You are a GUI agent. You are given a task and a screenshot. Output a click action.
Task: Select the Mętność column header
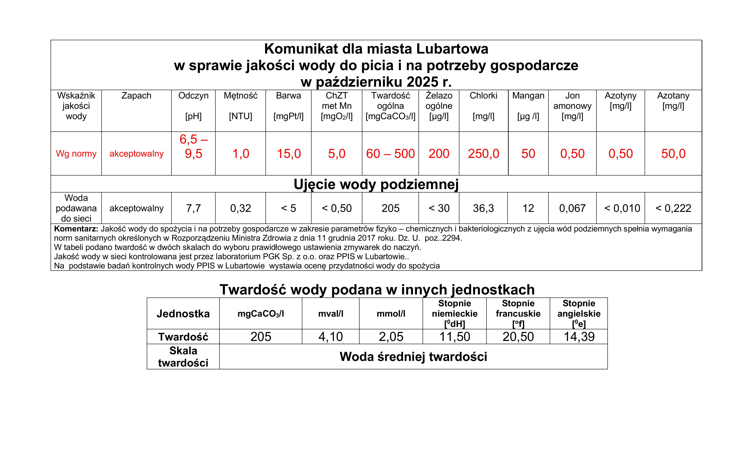[x=240, y=96]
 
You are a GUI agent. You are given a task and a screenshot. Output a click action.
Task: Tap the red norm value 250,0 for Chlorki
[x=483, y=154]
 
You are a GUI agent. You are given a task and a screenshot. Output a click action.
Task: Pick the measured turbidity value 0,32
[x=240, y=208]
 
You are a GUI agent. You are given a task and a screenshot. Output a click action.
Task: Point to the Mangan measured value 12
[x=528, y=208]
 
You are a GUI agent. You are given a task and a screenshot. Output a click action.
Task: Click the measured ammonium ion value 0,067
[x=572, y=208]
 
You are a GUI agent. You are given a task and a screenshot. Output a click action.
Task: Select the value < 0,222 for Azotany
[x=673, y=208]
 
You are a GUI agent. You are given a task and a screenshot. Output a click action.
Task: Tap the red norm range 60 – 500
[x=390, y=154]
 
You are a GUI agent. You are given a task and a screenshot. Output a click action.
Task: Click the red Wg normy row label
[x=76, y=154]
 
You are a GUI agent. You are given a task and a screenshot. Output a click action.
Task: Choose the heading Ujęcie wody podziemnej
[x=376, y=184]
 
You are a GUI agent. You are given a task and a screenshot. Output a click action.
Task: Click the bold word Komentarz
[x=76, y=229]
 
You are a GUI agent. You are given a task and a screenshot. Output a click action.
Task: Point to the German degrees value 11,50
[x=455, y=337]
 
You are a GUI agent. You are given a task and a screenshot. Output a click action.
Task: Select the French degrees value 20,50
[x=518, y=337]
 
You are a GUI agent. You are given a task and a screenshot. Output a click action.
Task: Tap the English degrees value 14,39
[x=579, y=337]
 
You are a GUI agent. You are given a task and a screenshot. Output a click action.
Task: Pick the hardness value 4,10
[x=330, y=337]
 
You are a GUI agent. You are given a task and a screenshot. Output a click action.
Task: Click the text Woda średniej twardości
[x=413, y=357]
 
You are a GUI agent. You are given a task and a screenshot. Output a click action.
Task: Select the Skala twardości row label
[x=183, y=357]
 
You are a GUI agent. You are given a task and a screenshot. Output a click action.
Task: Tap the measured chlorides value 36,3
[x=483, y=208]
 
